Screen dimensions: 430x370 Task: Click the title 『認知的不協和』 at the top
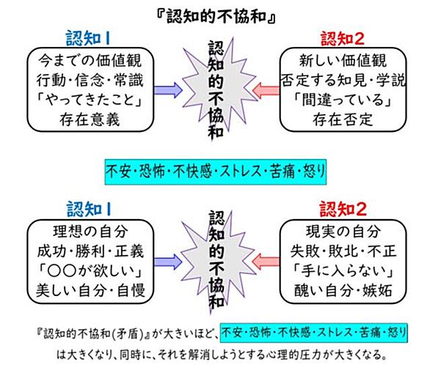216,17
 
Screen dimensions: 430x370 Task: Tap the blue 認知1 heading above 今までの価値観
88,38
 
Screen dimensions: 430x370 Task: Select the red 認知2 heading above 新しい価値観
343,38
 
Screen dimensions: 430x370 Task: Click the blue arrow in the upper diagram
168,90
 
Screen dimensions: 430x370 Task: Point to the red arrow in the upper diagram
266,91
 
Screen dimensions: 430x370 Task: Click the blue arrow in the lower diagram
168,262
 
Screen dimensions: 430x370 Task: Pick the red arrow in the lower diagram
266,262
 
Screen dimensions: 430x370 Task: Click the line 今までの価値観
90,61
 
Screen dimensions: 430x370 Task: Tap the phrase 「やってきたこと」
90,100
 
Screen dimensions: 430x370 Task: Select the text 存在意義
90,119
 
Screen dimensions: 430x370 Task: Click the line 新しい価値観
343,61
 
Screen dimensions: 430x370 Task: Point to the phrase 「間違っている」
343,100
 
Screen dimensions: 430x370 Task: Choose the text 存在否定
343,119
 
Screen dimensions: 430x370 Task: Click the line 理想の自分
90,232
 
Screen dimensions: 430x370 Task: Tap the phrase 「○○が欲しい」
90,271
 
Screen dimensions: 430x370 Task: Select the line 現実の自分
343,232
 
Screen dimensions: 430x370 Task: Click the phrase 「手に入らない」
343,271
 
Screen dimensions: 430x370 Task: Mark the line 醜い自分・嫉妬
343,291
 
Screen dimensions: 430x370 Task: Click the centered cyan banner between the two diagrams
216,171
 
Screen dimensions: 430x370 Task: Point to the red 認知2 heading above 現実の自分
343,210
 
